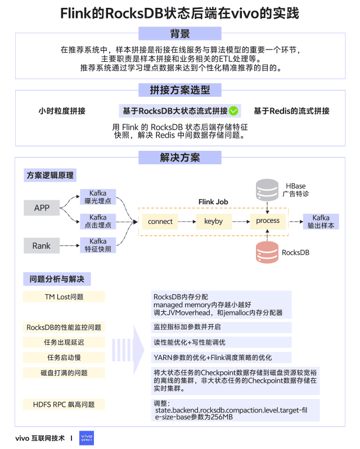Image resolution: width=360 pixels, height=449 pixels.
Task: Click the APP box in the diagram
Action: pyautogui.click(x=42, y=208)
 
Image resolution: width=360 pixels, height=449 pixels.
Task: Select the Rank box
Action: pyautogui.click(x=42, y=245)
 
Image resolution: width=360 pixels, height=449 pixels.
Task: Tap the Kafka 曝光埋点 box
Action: pyautogui.click(x=98, y=197)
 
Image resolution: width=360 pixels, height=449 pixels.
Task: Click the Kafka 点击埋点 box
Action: pyautogui.click(x=98, y=221)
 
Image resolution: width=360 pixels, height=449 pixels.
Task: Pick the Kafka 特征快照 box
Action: pyautogui.click(x=98, y=245)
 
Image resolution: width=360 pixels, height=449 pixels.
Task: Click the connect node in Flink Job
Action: pyautogui.click(x=160, y=221)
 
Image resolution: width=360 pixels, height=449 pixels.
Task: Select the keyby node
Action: pyautogui.click(x=214, y=221)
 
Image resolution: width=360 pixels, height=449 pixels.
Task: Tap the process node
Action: pyautogui.click(x=268, y=221)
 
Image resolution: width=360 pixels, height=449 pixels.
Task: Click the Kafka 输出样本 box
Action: pyautogui.click(x=321, y=221)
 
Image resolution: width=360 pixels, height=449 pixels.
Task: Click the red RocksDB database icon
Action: pyautogui.click(x=268, y=252)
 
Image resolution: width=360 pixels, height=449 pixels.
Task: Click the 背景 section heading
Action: pyautogui.click(x=180, y=33)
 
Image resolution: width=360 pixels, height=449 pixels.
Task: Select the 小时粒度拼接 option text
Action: pyautogui.click(x=62, y=111)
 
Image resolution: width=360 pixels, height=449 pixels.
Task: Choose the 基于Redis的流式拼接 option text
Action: pyautogui.click(x=291, y=111)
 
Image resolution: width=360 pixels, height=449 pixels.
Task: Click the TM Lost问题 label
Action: pyautogui.click(x=64, y=297)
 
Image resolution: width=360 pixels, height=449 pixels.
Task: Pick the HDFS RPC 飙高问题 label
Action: pyautogui.click(x=64, y=404)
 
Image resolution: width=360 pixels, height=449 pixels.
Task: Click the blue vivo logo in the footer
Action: pyautogui.click(x=87, y=437)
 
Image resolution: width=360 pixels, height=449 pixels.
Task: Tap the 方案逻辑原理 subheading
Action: pyautogui.click(x=50, y=176)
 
